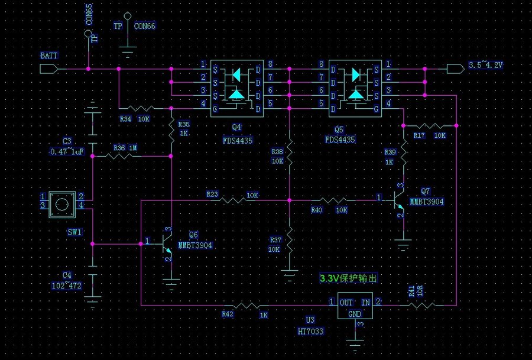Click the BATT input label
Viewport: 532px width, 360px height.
pos(49,56)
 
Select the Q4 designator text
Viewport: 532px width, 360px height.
pos(236,127)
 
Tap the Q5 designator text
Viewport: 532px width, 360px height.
pos(338,127)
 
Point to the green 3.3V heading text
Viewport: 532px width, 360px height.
pos(348,278)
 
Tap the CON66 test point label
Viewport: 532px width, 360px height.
pos(145,26)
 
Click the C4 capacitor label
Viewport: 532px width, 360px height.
pos(67,275)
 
